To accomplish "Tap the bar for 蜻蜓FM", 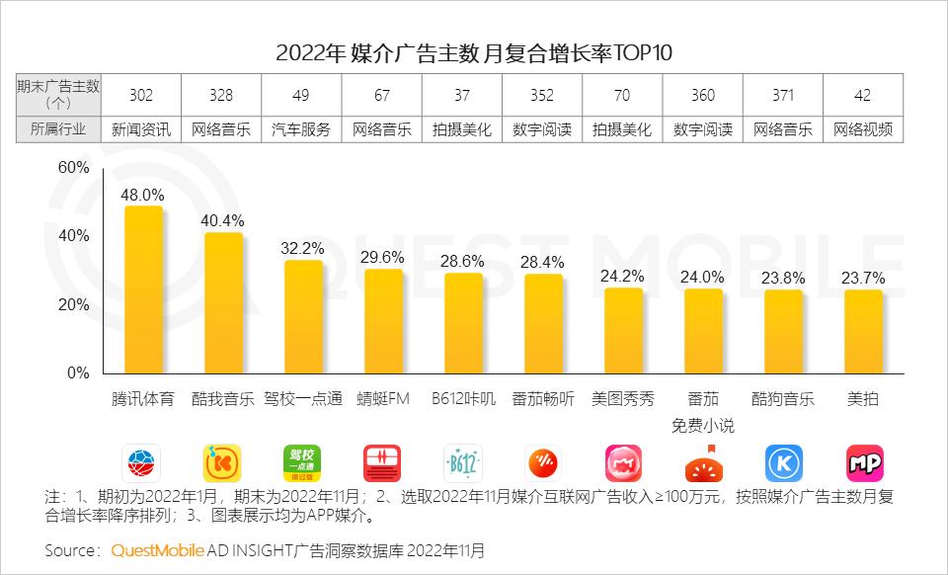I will coord(383,321).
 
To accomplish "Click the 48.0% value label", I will coord(142,196).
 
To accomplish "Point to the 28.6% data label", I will coord(463,262).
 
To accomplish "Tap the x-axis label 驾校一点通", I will coord(303,400).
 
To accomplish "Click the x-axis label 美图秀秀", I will coord(623,400).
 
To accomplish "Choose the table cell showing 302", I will coord(142,95).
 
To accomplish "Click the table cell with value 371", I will coord(783,95).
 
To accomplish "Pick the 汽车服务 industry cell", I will coord(302,129).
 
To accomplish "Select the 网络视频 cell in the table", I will coord(863,129).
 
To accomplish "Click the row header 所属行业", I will coord(58,129).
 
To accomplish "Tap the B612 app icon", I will coord(463,462).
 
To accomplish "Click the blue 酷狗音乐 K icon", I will coord(783,462).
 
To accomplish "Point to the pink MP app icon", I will coord(864,462).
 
